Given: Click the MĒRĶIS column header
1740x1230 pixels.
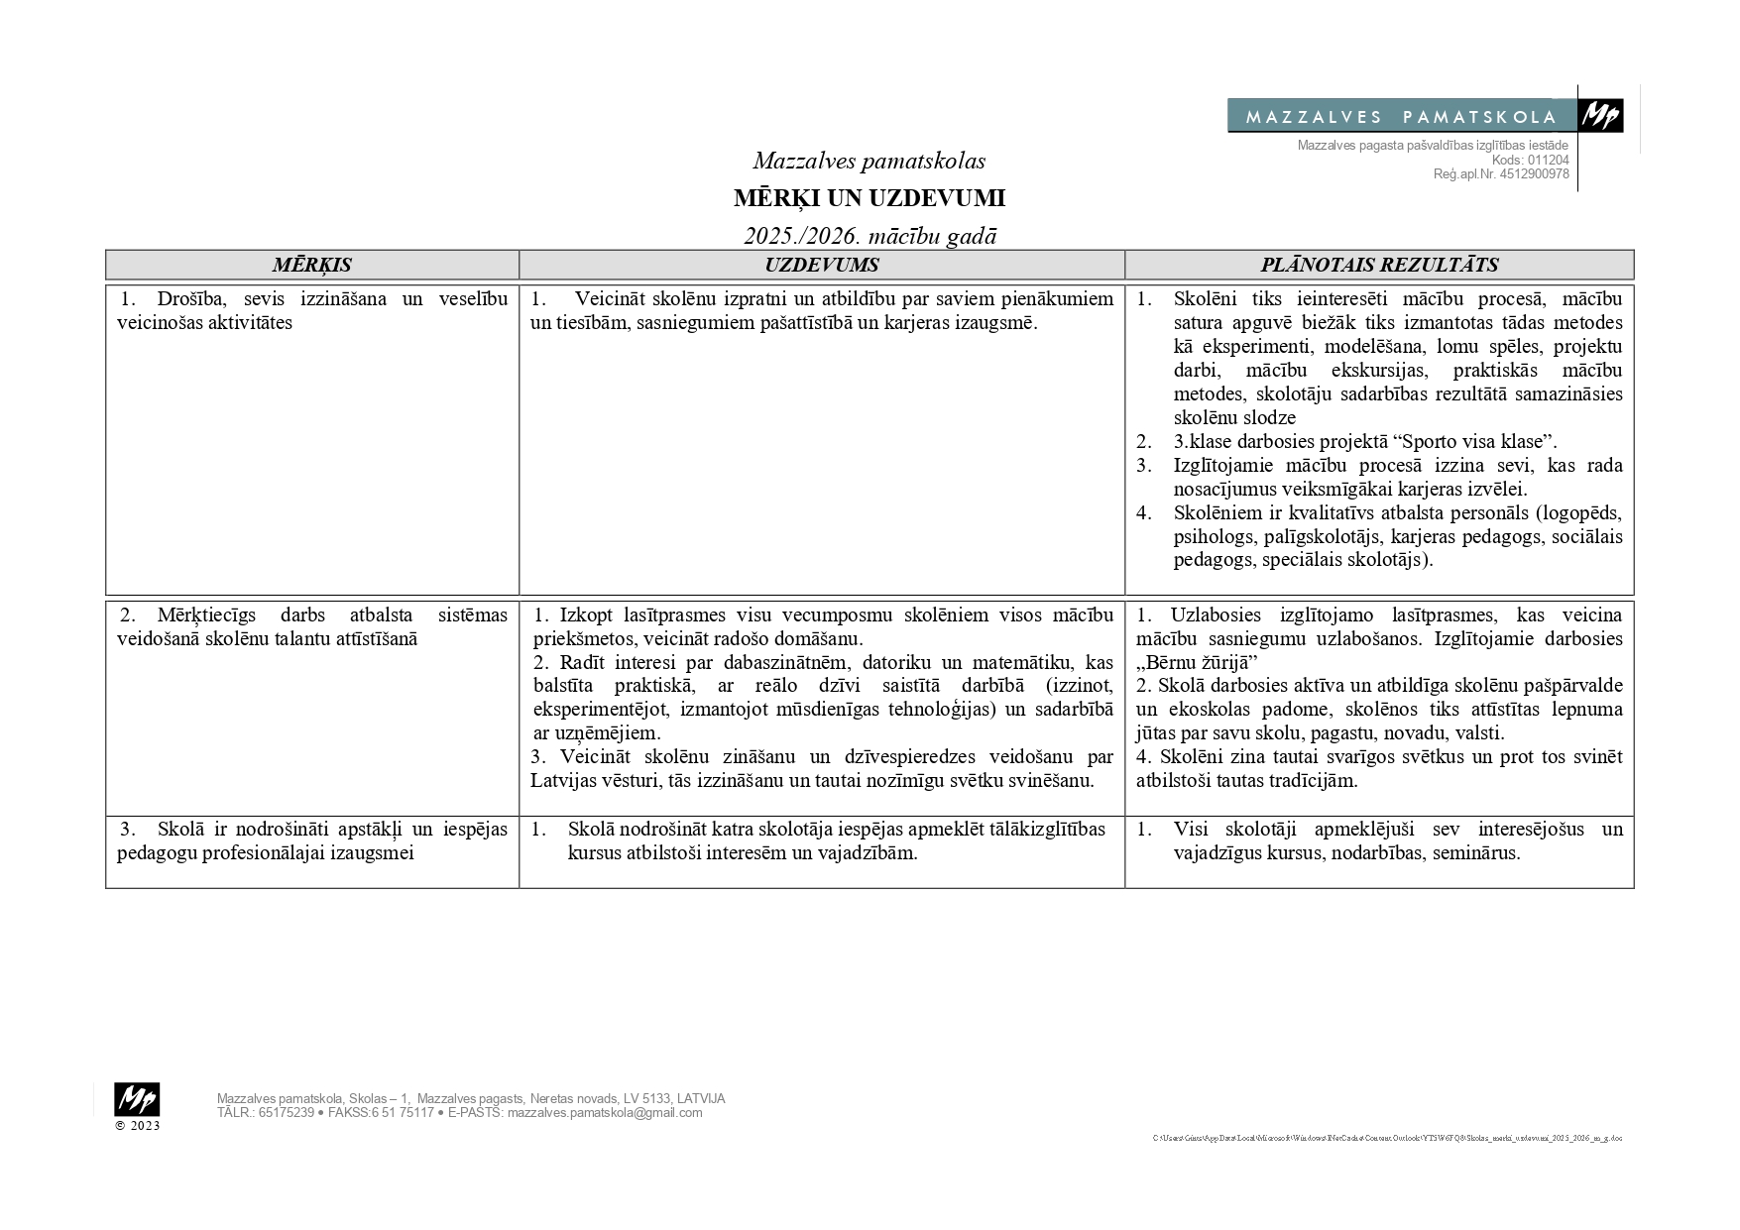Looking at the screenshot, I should pos(312,265).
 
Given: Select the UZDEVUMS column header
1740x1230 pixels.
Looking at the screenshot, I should pos(821,265).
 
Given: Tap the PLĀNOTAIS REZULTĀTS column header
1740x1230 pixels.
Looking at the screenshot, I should pos(1379,265).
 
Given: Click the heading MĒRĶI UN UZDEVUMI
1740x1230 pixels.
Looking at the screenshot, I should pos(869,198).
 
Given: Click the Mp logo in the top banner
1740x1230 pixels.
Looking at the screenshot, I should pos(1600,116).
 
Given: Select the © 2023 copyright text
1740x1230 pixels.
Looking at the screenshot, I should pos(137,1126).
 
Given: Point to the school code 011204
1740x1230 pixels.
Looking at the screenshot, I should pos(1548,160).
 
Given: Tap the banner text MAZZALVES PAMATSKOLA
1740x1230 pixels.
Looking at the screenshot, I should pos(1401,117).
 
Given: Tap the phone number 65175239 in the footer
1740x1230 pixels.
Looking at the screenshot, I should pos(286,1113).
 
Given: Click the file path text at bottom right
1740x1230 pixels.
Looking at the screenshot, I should pos(1387,1139).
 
